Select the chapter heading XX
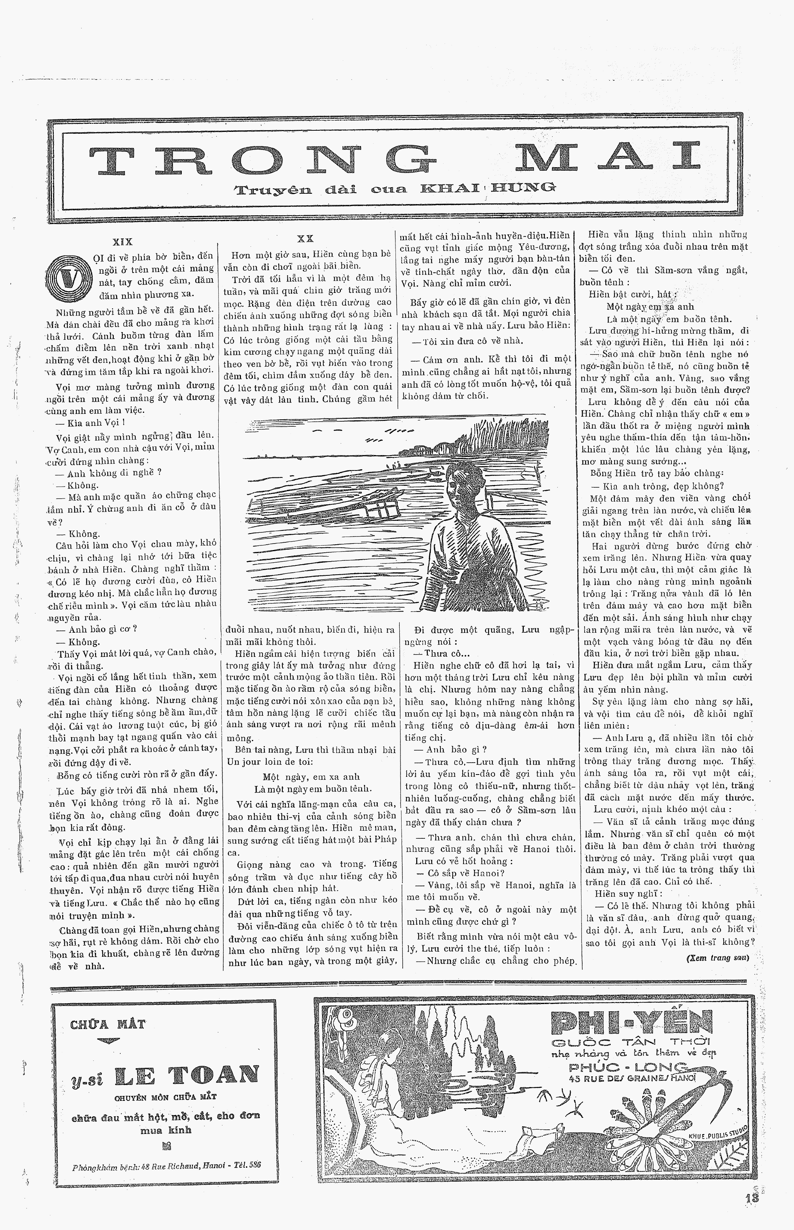(305, 239)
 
